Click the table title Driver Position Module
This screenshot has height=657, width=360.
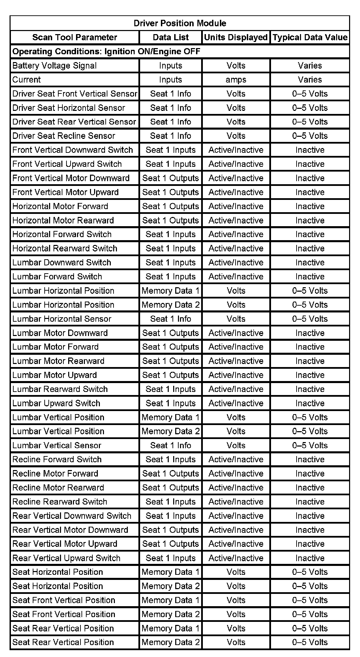pyautogui.click(x=180, y=23)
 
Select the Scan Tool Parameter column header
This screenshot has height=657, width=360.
pyautogui.click(x=75, y=37)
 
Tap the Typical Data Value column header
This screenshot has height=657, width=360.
pyautogui.click(x=310, y=37)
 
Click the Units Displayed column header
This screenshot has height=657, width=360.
pyautogui.click(x=236, y=37)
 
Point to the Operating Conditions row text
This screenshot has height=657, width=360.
pyautogui.click(x=106, y=52)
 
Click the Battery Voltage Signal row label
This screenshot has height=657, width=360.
pyautogui.click(x=55, y=65)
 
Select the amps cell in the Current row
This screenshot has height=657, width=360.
pyautogui.click(x=236, y=79)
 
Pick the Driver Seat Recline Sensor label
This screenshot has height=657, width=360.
pyautogui.click(x=64, y=136)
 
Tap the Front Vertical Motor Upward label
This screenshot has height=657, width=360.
pyautogui.click(x=65, y=192)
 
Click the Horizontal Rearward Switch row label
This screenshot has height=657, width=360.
pyautogui.click(x=65, y=248)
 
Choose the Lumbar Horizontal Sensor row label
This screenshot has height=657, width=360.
pyautogui.click(x=62, y=319)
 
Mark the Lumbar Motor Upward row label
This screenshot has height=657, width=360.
pyautogui.click(x=55, y=375)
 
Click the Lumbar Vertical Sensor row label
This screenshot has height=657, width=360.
pyautogui.click(x=57, y=445)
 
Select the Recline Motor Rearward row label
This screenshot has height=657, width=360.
pyautogui.click(x=58, y=487)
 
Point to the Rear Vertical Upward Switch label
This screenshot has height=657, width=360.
pyautogui.click(x=66, y=558)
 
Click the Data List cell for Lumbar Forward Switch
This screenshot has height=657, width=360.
pyautogui.click(x=170, y=277)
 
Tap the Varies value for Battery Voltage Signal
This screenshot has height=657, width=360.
pyautogui.click(x=310, y=65)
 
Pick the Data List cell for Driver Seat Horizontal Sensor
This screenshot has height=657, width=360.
pyautogui.click(x=170, y=108)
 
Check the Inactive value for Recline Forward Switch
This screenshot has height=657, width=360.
pyautogui.click(x=310, y=459)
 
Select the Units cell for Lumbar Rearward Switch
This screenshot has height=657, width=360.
pyautogui.click(x=236, y=389)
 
